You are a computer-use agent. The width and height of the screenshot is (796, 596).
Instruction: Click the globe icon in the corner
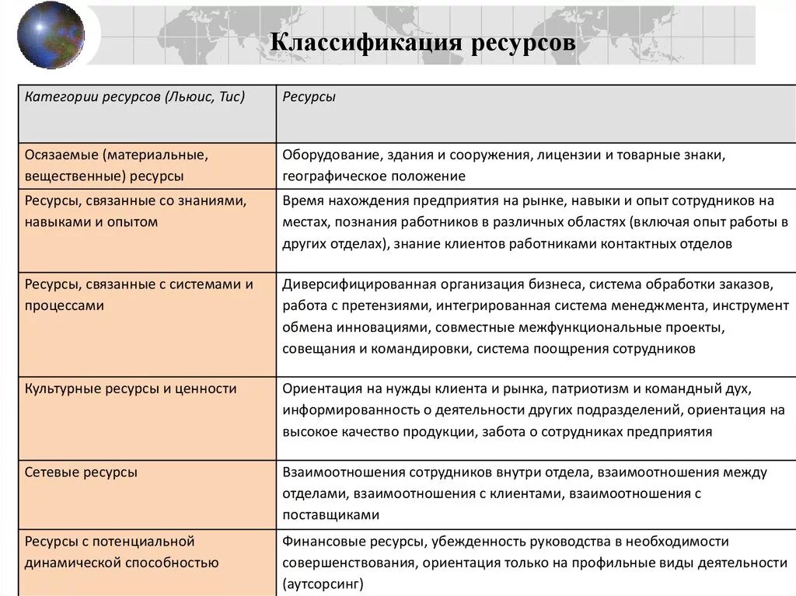coord(49,33)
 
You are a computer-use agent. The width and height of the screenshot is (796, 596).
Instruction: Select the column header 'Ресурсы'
coord(309,97)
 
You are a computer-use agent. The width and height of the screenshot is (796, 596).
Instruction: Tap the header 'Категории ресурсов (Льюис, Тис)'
coord(134,97)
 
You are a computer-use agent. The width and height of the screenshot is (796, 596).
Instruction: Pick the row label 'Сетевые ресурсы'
coord(81,472)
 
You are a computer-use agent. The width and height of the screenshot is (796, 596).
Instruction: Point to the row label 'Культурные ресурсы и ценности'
coord(131,388)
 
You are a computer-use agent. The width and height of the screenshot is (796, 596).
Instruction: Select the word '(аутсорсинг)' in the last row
coord(323,584)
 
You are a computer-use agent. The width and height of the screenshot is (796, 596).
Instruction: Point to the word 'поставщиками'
coord(330,514)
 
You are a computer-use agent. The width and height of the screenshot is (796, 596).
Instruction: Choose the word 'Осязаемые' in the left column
coord(58,155)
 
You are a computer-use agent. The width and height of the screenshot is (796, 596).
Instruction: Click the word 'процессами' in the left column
coord(64,305)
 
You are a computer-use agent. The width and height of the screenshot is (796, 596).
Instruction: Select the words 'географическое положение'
coord(374,176)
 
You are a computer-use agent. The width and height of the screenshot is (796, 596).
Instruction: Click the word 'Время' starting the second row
coord(301,200)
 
